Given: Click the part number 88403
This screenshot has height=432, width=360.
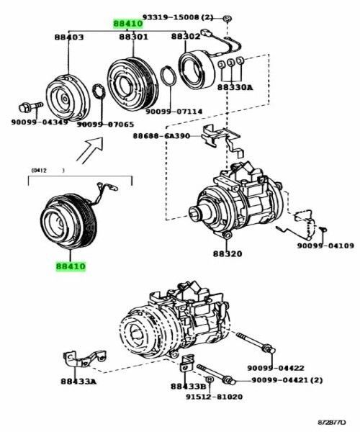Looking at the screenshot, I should point(68,37).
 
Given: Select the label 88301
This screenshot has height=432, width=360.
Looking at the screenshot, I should point(134,37).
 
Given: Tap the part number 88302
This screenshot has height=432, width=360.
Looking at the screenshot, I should point(186,36).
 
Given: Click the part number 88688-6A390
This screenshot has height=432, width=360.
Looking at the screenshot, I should point(162,136).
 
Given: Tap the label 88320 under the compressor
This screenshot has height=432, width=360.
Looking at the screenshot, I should point(228,254).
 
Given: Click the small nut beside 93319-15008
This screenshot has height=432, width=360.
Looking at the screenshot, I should point(227,16).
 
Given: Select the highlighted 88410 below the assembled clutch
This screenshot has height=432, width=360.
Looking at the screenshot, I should point(71,266).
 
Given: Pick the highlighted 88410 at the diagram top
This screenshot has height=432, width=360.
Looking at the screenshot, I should point(127,23).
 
